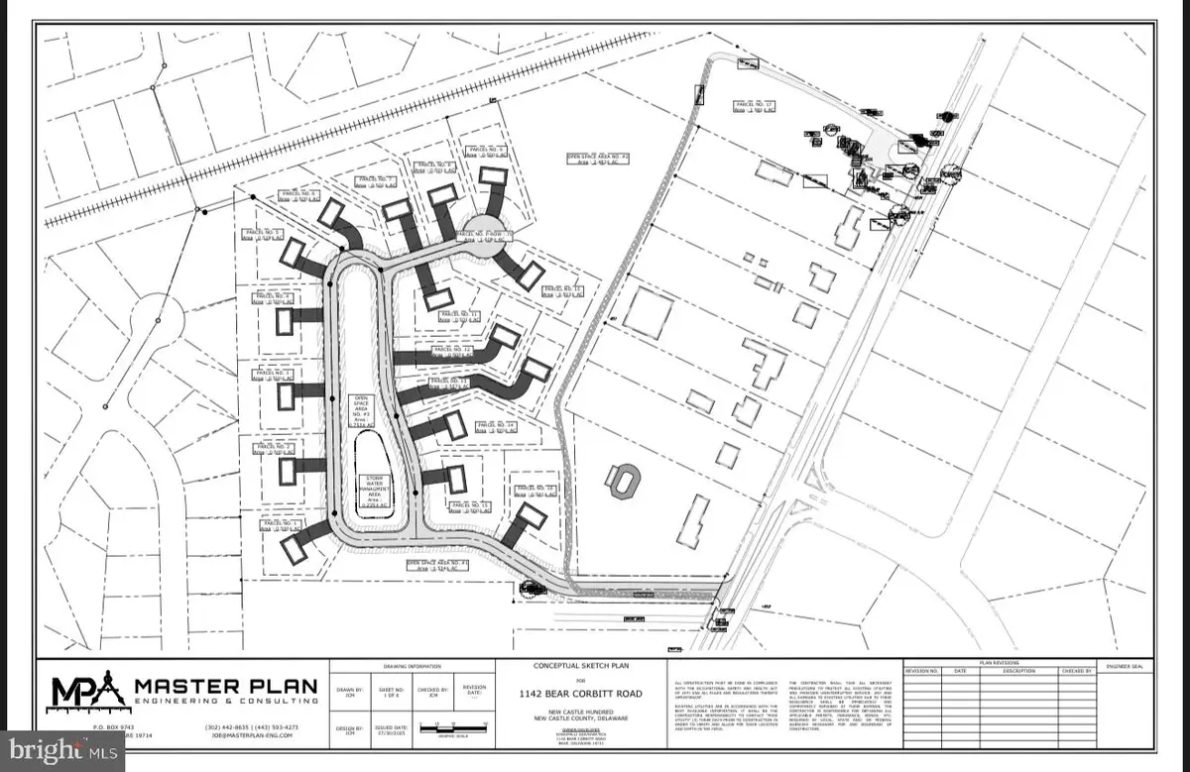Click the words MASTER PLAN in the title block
[226, 685]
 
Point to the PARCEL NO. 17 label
[753, 106]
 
